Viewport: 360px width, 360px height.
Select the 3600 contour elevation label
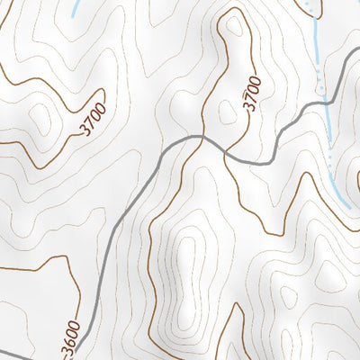pos(72,338)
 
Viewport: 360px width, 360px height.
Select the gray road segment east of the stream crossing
pos(346,86)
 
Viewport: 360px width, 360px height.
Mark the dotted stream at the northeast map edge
pos(310,7)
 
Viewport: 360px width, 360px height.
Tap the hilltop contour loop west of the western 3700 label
pos(40,117)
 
